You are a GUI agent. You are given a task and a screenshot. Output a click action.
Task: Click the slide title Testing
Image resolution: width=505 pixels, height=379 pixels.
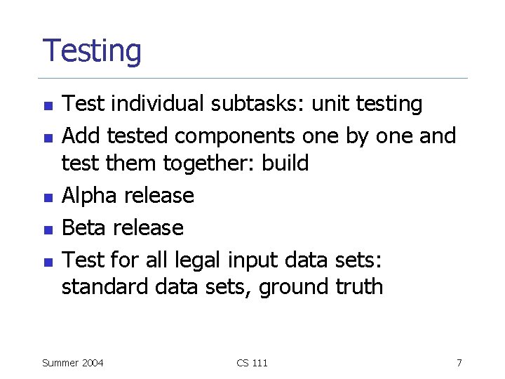pyautogui.click(x=92, y=52)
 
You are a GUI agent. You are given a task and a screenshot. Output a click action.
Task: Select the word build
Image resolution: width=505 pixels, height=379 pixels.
pyautogui.click(x=285, y=164)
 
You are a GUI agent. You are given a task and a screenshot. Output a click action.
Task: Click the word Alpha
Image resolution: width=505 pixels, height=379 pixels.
pyautogui.click(x=89, y=195)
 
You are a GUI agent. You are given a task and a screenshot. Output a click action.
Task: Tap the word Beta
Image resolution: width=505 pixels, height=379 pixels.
pyautogui.click(x=86, y=227)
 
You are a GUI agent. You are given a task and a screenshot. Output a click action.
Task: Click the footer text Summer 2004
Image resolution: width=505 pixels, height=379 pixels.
pyautogui.click(x=73, y=363)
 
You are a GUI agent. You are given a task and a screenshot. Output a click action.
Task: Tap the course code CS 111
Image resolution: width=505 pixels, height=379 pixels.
pyautogui.click(x=252, y=363)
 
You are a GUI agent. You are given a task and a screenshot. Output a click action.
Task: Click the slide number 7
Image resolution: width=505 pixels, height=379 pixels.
pyautogui.click(x=459, y=363)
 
